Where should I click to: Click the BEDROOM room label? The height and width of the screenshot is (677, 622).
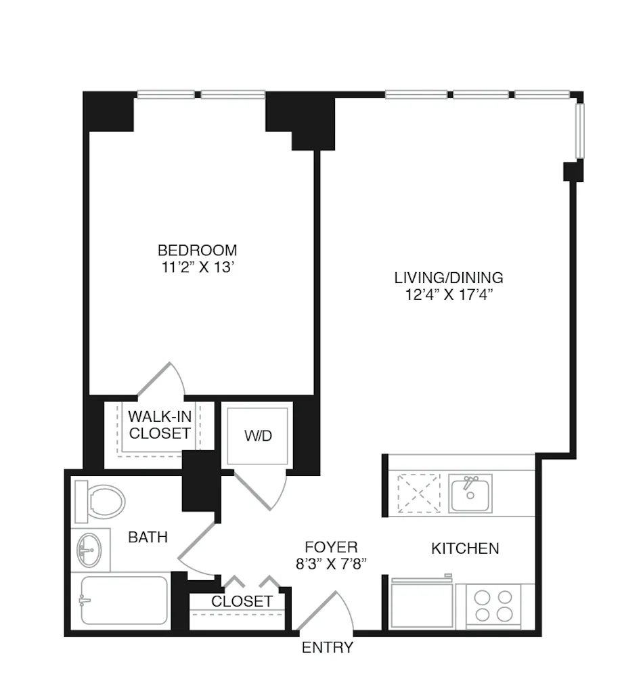(197, 249)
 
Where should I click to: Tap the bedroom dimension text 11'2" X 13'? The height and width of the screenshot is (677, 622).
(197, 267)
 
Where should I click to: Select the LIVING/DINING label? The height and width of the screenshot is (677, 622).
(449, 277)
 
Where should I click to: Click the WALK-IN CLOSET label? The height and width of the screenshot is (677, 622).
(160, 424)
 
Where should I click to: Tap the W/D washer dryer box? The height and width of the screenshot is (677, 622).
(258, 435)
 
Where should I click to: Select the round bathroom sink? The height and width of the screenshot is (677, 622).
(90, 548)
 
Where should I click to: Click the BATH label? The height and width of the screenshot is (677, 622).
(148, 538)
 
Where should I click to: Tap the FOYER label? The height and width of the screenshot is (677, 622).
(331, 547)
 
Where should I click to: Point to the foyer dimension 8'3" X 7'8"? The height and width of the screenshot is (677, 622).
(331, 564)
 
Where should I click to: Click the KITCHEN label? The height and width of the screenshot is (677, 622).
(465, 548)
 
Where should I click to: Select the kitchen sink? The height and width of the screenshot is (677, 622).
(470, 493)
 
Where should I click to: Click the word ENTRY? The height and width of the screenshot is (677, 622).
(327, 647)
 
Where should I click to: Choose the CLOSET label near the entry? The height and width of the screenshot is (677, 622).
(242, 601)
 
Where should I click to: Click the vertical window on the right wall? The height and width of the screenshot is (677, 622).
(579, 131)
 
